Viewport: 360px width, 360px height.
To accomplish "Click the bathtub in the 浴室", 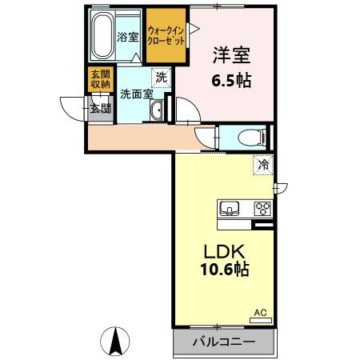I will [x=102, y=36].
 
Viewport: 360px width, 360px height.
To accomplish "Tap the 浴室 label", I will [x=127, y=37].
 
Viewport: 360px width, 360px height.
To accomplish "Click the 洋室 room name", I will [x=231, y=56].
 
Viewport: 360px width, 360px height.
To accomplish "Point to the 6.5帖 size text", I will [x=232, y=82].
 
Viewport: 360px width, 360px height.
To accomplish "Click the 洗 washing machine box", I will [x=161, y=78].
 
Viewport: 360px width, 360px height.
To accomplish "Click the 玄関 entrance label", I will [x=98, y=109].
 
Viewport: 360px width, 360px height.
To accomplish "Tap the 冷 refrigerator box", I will [x=263, y=166].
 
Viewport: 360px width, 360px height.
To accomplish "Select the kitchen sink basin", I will [x=230, y=209].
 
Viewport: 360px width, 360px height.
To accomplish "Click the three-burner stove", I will [x=262, y=209].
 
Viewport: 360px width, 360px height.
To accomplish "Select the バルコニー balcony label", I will [x=224, y=342].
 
